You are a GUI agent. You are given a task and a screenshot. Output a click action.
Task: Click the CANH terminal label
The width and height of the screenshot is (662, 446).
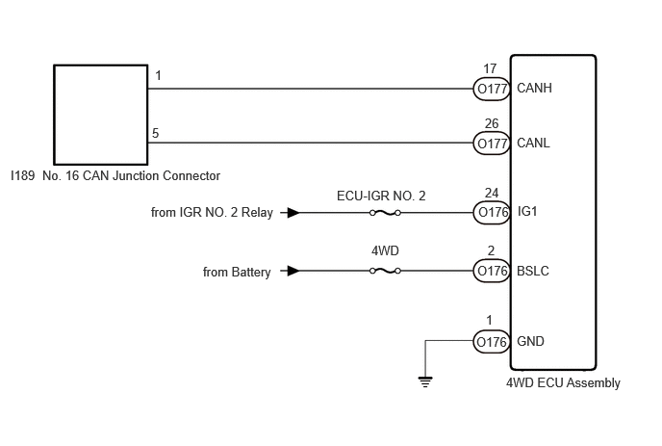pos(534,88)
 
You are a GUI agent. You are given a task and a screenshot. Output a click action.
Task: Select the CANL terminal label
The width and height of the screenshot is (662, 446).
pos(533,143)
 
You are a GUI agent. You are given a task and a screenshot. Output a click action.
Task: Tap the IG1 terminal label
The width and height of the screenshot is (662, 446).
pos(527,211)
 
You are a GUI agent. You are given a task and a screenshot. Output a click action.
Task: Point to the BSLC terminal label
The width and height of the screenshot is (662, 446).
pos(533,271)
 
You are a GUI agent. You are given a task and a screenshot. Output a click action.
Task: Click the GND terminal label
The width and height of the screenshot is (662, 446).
pos(530,341)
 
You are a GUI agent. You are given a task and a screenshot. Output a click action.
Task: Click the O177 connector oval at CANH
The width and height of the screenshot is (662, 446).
pos(492,89)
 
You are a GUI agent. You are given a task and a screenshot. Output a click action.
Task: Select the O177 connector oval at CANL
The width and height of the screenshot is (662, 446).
pos(492,144)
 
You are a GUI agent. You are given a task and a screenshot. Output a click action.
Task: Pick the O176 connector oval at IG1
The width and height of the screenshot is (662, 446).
pos(492,212)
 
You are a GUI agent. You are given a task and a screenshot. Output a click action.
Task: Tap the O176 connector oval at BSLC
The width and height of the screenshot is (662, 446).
pos(492,271)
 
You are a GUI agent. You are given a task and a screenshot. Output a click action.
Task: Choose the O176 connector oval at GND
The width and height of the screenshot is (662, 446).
pos(492,341)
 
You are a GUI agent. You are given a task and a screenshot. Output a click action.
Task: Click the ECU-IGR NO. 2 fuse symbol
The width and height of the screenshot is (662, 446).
pos(385,213)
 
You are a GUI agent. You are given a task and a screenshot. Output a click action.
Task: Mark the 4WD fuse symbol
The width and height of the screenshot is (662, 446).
pos(385,271)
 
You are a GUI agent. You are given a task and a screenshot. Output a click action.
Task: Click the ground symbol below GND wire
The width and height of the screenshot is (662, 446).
pos(425,381)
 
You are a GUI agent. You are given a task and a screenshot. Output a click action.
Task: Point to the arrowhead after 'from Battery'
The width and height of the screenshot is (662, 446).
pos(293,271)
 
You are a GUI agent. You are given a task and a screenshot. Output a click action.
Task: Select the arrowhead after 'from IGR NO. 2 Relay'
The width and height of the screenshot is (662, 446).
pos(293,212)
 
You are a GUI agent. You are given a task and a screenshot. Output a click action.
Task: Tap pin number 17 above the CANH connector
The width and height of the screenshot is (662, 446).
pos(490,68)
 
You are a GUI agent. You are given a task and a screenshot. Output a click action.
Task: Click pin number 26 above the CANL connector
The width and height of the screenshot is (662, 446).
pos(492,123)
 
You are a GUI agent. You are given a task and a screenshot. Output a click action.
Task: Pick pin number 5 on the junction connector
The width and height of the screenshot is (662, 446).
pos(155,133)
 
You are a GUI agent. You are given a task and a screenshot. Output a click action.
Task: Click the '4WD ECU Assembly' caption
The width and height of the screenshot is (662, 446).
pos(563,383)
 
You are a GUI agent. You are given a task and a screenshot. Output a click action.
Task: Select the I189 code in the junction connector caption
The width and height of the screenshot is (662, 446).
pos(23,175)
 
